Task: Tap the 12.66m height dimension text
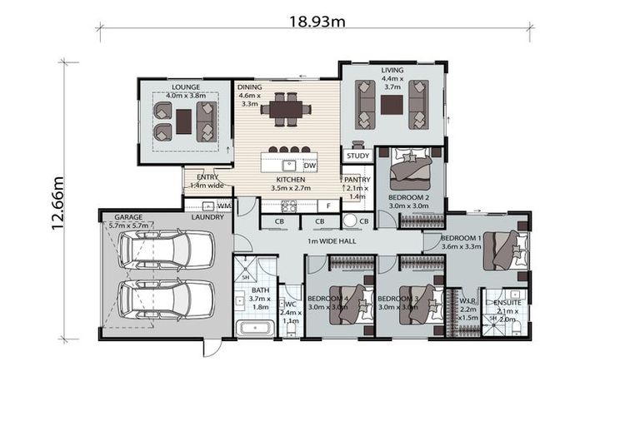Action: coord(57,202)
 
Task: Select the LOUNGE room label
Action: coord(184,87)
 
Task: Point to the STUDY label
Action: coord(357,156)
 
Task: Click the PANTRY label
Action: coord(356,180)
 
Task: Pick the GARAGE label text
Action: coord(127,217)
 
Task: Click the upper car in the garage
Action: coord(165,247)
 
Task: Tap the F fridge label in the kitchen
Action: coord(329,205)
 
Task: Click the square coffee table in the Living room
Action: coord(392,104)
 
